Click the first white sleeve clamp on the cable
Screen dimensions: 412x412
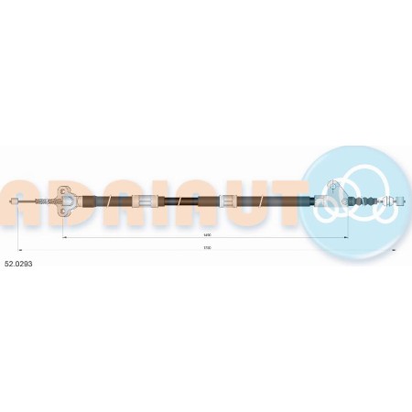[x=146, y=201]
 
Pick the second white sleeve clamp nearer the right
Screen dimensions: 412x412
[x=227, y=201]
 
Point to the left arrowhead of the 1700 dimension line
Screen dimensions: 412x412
[x=21, y=248]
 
